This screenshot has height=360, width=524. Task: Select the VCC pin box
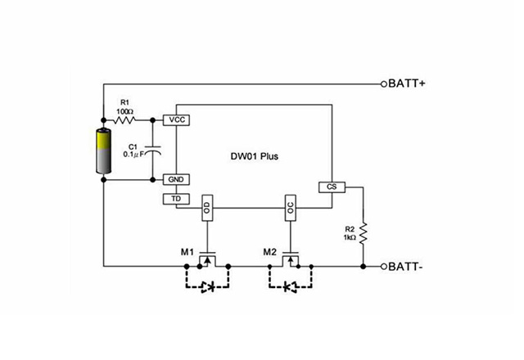click(176, 119)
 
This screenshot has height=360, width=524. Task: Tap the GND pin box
click(176, 178)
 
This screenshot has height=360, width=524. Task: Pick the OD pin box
click(207, 208)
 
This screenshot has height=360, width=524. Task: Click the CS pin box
click(331, 187)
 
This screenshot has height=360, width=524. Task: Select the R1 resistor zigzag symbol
click(125, 119)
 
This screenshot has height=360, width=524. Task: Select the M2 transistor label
click(271, 251)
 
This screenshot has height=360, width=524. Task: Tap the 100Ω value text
click(125, 109)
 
